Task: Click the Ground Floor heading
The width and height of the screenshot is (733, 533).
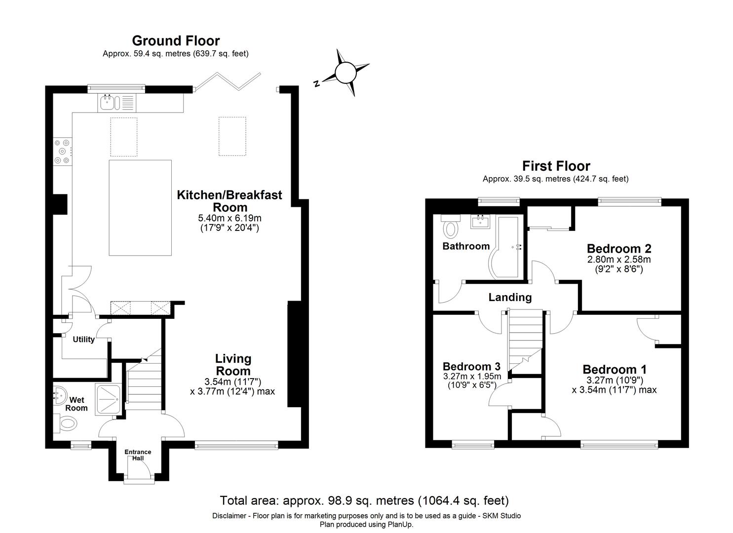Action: click(176, 41)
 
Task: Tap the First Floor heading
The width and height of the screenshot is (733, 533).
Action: click(556, 166)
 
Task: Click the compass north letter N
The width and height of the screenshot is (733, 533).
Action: click(316, 83)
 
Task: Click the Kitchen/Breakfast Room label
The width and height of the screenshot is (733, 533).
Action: click(230, 201)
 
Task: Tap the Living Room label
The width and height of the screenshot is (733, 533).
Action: click(233, 365)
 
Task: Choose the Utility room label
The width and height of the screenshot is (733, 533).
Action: click(83, 340)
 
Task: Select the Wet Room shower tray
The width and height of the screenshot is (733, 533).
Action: click(108, 400)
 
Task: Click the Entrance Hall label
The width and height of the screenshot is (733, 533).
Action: click(138, 455)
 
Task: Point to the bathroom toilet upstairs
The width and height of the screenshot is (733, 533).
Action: click(450, 226)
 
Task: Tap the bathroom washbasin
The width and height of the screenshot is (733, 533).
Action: click(480, 222)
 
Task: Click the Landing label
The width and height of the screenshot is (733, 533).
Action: click(510, 297)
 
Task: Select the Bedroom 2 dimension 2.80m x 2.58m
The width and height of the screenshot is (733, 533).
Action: click(619, 260)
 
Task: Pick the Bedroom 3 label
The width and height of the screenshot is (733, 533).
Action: click(471, 366)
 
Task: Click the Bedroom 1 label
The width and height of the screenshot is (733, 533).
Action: click(615, 370)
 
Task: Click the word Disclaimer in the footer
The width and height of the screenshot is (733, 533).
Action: click(229, 516)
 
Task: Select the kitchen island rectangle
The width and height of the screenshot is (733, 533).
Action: click(140, 208)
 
